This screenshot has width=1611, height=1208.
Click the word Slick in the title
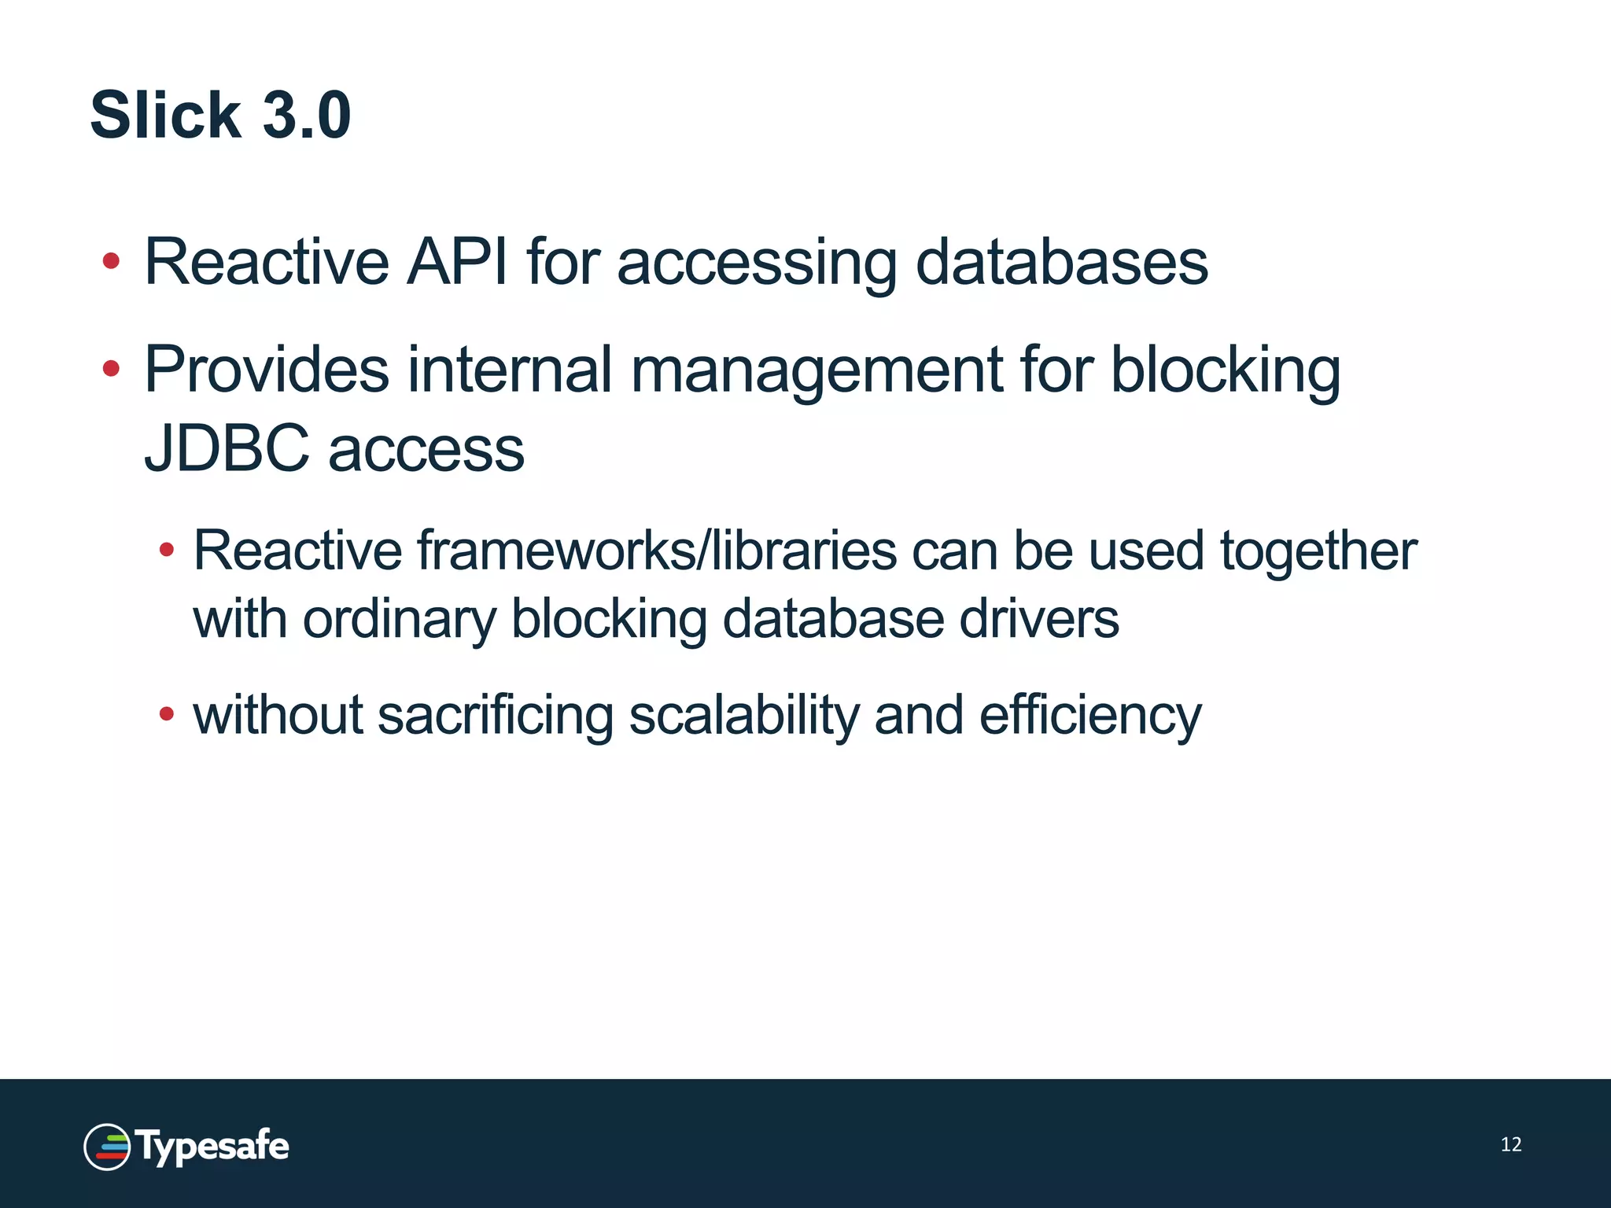pyautogui.click(x=166, y=116)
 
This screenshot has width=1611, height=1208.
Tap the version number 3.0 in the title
pyautogui.click(x=306, y=116)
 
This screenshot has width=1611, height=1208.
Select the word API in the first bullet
pyautogui.click(x=456, y=262)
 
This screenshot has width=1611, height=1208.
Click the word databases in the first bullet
pyautogui.click(x=1062, y=262)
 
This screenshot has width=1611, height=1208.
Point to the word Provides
pyautogui.click(x=267, y=370)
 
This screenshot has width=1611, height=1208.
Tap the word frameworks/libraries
pyautogui.click(x=656, y=551)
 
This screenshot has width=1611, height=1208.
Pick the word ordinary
pyautogui.click(x=400, y=620)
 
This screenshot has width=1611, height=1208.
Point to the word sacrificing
pyautogui.click(x=495, y=716)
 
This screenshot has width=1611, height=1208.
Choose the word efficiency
pyautogui.click(x=1090, y=716)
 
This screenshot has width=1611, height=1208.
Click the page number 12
pyautogui.click(x=1510, y=1144)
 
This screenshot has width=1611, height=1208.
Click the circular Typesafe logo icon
pyautogui.click(x=107, y=1147)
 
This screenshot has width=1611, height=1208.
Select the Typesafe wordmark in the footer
pyautogui.click(x=212, y=1147)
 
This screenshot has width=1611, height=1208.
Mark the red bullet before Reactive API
pyautogui.click(x=111, y=260)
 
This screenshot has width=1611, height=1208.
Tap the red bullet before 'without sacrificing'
pyautogui.click(x=166, y=714)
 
